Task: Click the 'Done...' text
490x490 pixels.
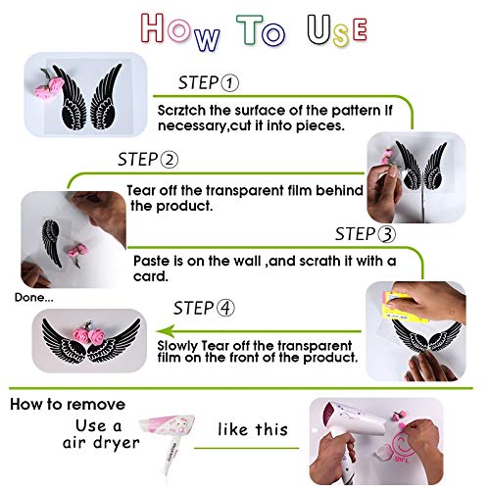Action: click(x=33, y=297)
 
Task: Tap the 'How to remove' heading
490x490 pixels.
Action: click(x=68, y=403)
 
